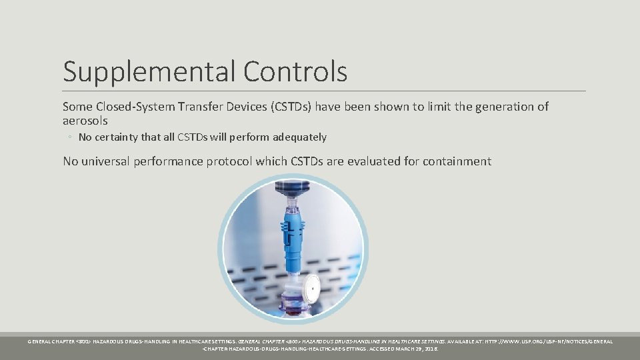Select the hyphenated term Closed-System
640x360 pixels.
[x=130, y=107]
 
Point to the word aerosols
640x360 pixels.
[x=85, y=121]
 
